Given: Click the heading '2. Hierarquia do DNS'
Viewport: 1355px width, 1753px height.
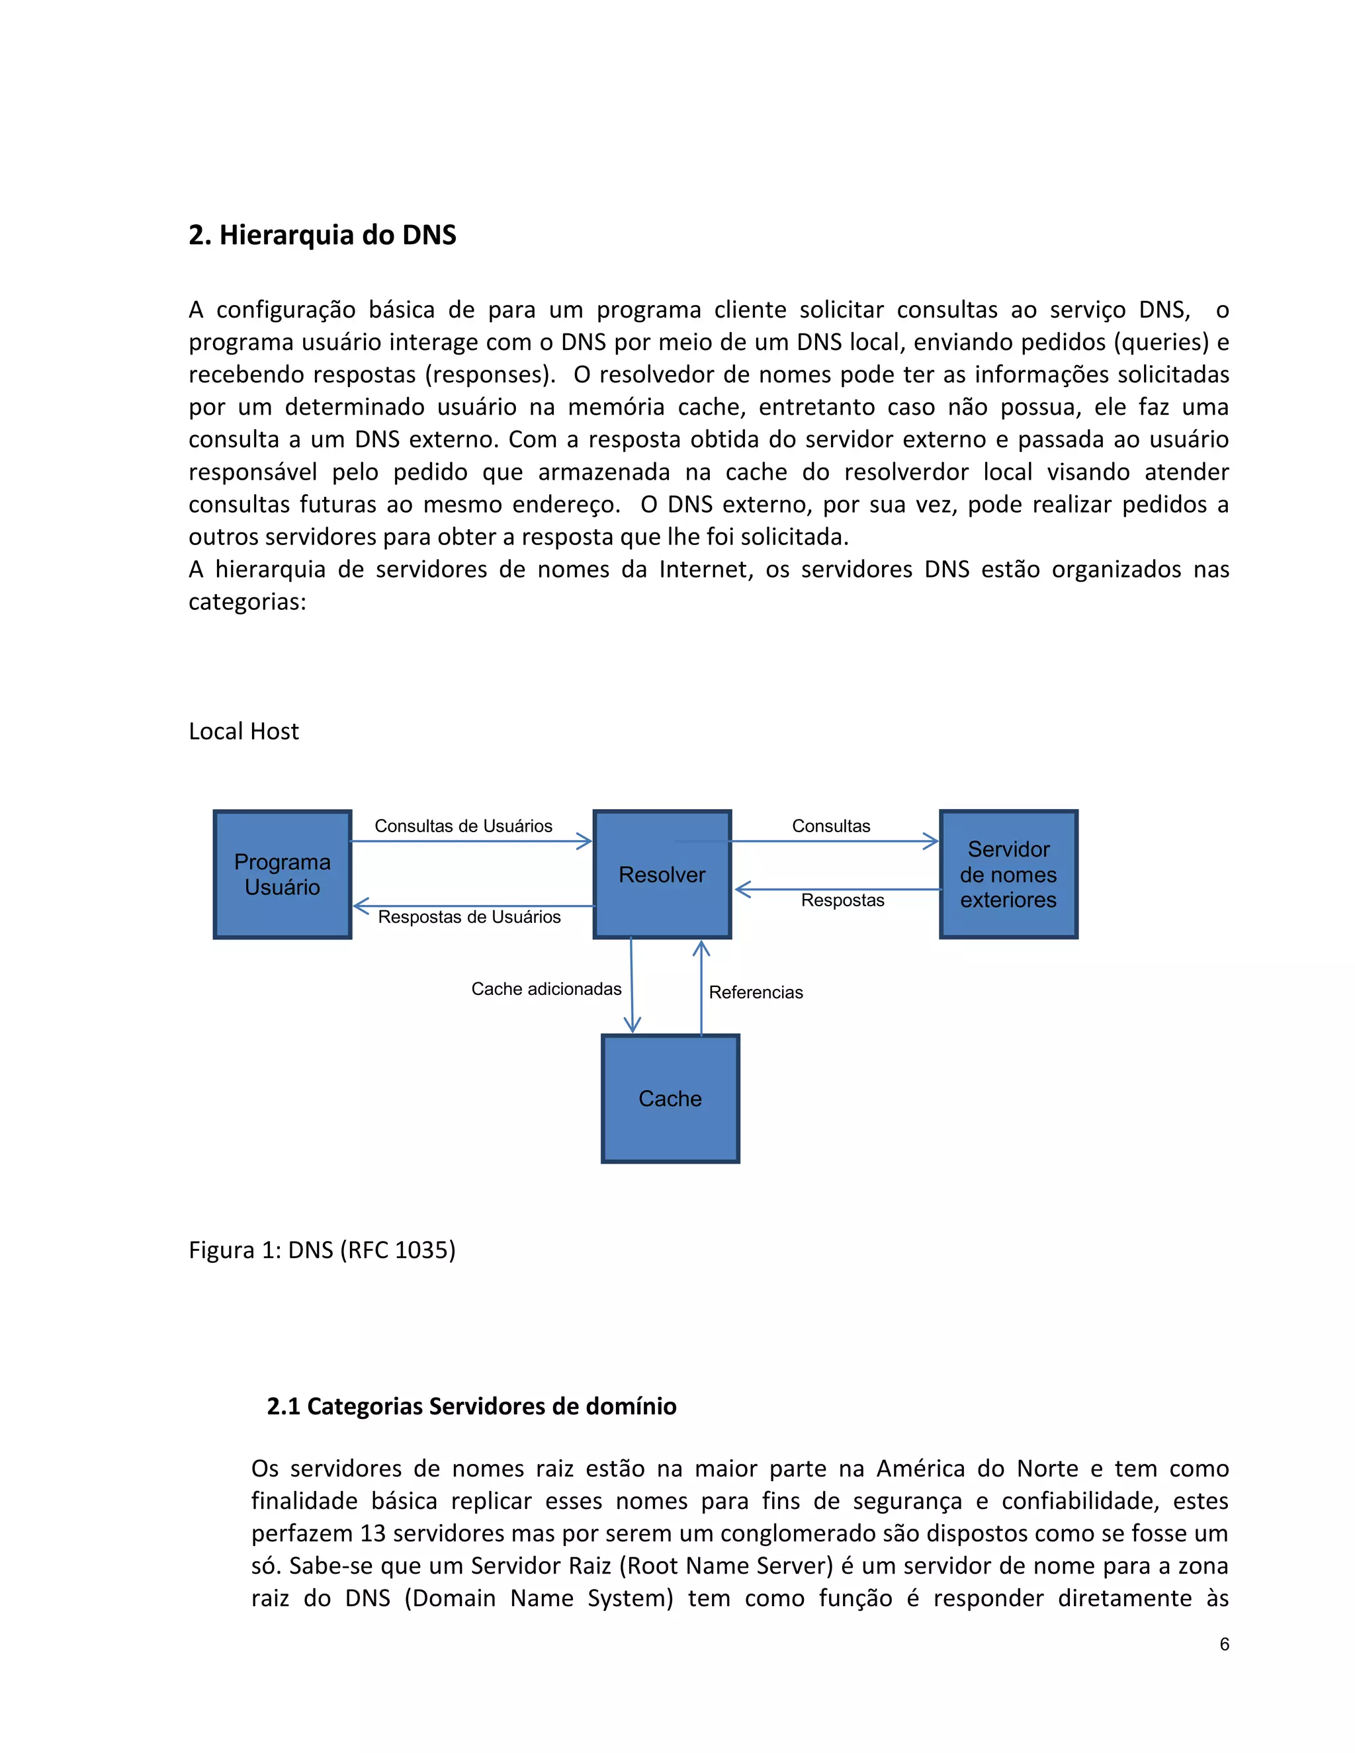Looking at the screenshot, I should click(x=322, y=235).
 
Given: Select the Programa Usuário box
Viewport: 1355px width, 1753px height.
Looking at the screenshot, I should click(x=283, y=874).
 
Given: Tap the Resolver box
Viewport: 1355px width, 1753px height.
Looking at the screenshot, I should click(x=662, y=874).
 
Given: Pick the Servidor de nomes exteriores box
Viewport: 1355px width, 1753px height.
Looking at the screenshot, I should click(x=1008, y=874).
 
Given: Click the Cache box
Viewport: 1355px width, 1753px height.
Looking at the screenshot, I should click(x=670, y=1098).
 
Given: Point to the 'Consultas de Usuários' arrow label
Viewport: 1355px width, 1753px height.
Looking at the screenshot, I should click(x=463, y=826).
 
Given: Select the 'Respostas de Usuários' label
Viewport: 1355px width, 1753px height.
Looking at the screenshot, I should click(x=469, y=917).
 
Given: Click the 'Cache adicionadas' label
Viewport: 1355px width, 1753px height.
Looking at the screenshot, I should click(x=546, y=989).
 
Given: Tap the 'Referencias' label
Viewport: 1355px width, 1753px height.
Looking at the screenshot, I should click(x=756, y=992).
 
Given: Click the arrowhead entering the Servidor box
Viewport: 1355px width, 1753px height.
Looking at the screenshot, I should click(x=931, y=841).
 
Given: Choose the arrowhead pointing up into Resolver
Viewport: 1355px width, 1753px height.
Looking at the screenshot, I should click(x=701, y=949).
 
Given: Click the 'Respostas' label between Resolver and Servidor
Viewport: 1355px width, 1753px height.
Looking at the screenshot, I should click(x=842, y=900).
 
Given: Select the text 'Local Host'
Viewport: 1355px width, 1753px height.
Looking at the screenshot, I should click(x=243, y=731).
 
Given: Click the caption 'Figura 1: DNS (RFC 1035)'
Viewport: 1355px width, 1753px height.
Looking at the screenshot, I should click(x=322, y=1250).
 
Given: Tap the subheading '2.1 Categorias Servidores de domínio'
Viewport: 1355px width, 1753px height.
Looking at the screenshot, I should click(x=471, y=1406).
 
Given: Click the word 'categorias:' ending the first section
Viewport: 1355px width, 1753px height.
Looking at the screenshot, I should click(x=247, y=602).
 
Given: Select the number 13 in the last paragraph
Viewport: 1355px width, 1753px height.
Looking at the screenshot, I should click(x=373, y=1533).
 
